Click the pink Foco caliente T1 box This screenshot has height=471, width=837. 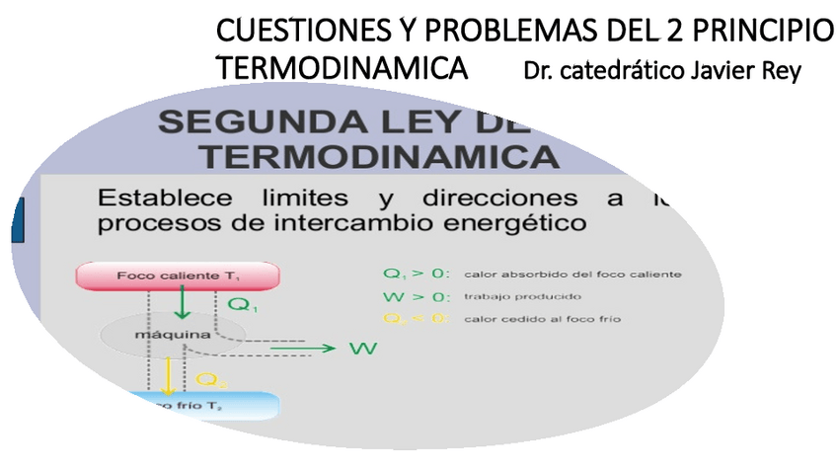(178, 275)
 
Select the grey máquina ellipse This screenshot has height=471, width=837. (158, 335)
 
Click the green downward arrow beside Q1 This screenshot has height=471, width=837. (181, 303)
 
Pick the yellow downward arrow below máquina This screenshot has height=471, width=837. (168, 376)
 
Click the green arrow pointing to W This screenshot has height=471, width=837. (301, 348)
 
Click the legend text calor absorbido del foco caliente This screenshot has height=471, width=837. (572, 274)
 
